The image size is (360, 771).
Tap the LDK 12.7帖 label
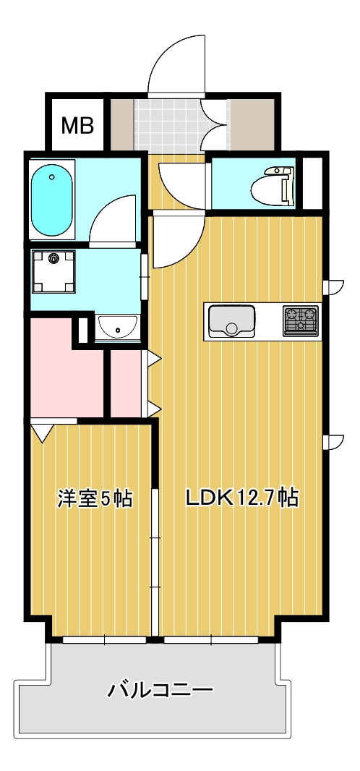(242, 498)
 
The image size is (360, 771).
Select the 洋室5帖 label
(95, 498)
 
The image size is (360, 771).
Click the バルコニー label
(160, 690)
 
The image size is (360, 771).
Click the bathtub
(52, 198)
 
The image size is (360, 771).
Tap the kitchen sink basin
(231, 322)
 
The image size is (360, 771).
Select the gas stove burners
(300, 320)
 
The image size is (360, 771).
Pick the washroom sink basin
(118, 328)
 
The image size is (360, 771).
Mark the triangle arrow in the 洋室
(42, 433)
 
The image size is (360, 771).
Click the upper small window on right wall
(334, 287)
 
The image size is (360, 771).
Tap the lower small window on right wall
(334, 442)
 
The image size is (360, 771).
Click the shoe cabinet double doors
(215, 123)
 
